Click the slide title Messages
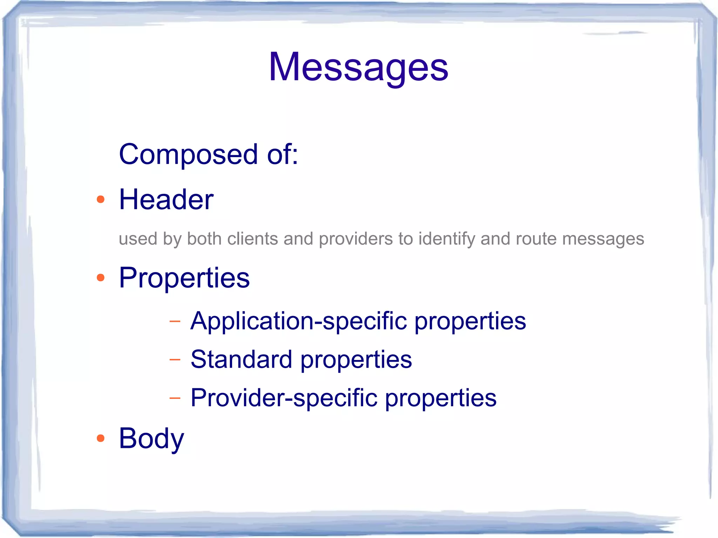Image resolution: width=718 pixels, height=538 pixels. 358,67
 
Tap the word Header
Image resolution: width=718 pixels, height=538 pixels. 166,199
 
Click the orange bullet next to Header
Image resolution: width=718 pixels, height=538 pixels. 101,199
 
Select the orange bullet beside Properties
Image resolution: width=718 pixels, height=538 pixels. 101,278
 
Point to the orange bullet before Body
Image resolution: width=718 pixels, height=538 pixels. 101,438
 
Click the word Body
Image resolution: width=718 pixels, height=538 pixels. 151,439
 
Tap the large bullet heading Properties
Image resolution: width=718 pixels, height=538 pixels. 184,278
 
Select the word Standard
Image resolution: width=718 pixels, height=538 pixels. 241,360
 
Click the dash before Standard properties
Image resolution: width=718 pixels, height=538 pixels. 175,360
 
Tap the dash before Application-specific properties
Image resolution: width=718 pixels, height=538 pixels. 175,321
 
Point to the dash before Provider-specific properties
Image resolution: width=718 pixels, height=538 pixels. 175,398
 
